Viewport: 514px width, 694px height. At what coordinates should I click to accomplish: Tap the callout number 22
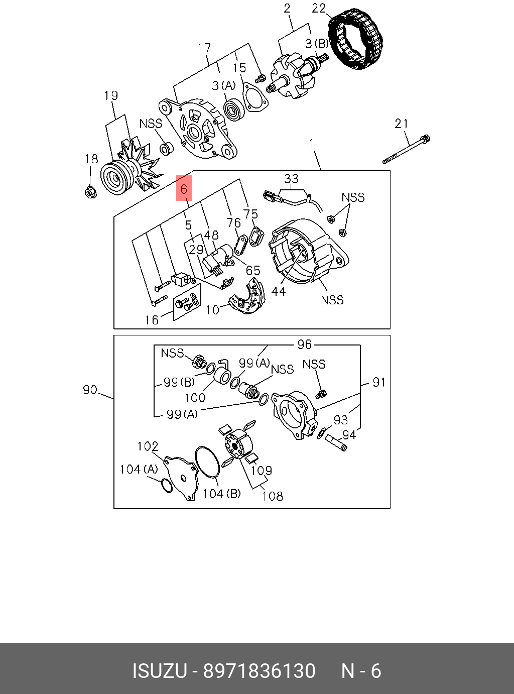click(x=319, y=8)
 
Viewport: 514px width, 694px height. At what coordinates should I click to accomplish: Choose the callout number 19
click(x=110, y=95)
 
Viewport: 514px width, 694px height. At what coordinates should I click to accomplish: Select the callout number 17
click(x=204, y=48)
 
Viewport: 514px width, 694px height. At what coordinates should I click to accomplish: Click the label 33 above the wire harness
click(x=291, y=178)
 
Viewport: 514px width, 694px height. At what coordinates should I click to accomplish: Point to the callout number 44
click(x=278, y=291)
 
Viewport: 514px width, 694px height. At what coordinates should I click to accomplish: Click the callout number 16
click(x=152, y=319)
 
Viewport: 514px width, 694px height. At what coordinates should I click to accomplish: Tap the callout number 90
click(x=90, y=389)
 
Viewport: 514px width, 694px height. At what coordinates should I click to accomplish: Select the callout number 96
click(x=304, y=344)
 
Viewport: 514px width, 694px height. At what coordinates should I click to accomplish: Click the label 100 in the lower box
click(x=195, y=397)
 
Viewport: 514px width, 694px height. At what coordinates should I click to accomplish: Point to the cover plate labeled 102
click(x=181, y=475)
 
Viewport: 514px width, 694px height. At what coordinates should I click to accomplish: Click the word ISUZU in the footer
click(x=160, y=671)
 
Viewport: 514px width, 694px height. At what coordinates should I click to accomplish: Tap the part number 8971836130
click(x=259, y=671)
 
